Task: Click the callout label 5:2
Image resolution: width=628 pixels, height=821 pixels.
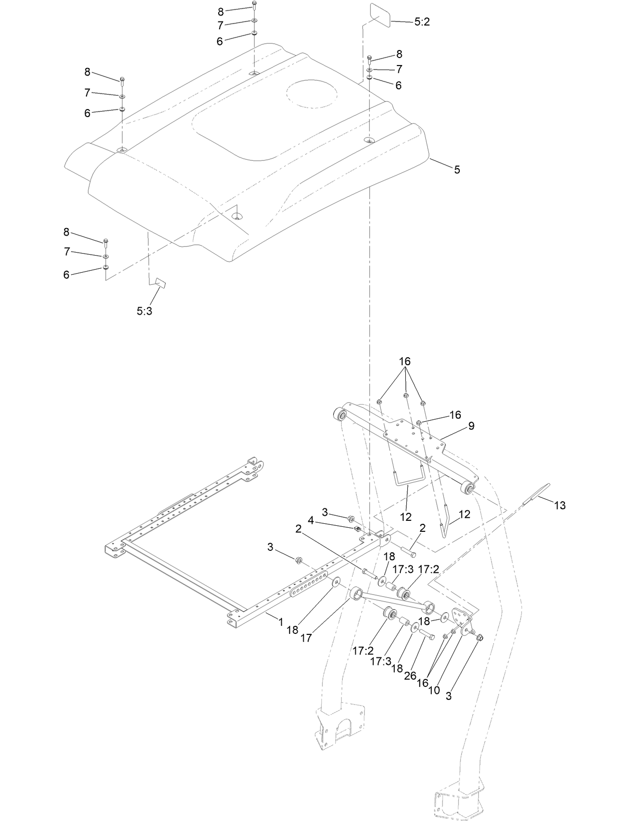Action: pyautogui.click(x=422, y=23)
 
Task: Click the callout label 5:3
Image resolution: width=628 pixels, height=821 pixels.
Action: pyautogui.click(x=144, y=311)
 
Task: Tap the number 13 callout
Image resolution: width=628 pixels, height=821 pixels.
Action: pyautogui.click(x=560, y=505)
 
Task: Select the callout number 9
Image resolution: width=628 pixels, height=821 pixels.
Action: pyautogui.click(x=471, y=426)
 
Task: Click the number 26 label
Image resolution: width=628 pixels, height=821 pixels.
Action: pyautogui.click(x=410, y=675)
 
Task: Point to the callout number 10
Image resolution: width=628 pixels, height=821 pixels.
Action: pyautogui.click(x=434, y=690)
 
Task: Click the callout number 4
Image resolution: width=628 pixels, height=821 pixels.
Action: pyautogui.click(x=311, y=520)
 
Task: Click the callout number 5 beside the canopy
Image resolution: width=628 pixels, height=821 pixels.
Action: pyautogui.click(x=457, y=170)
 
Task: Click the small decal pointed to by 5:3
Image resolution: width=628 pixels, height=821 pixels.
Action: pyautogui.click(x=161, y=282)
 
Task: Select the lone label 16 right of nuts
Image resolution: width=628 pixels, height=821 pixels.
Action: pyautogui.click(x=455, y=415)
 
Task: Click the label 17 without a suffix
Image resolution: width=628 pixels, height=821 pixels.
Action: pyautogui.click(x=307, y=638)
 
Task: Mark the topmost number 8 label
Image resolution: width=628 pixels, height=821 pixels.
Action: pyautogui.click(x=221, y=12)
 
